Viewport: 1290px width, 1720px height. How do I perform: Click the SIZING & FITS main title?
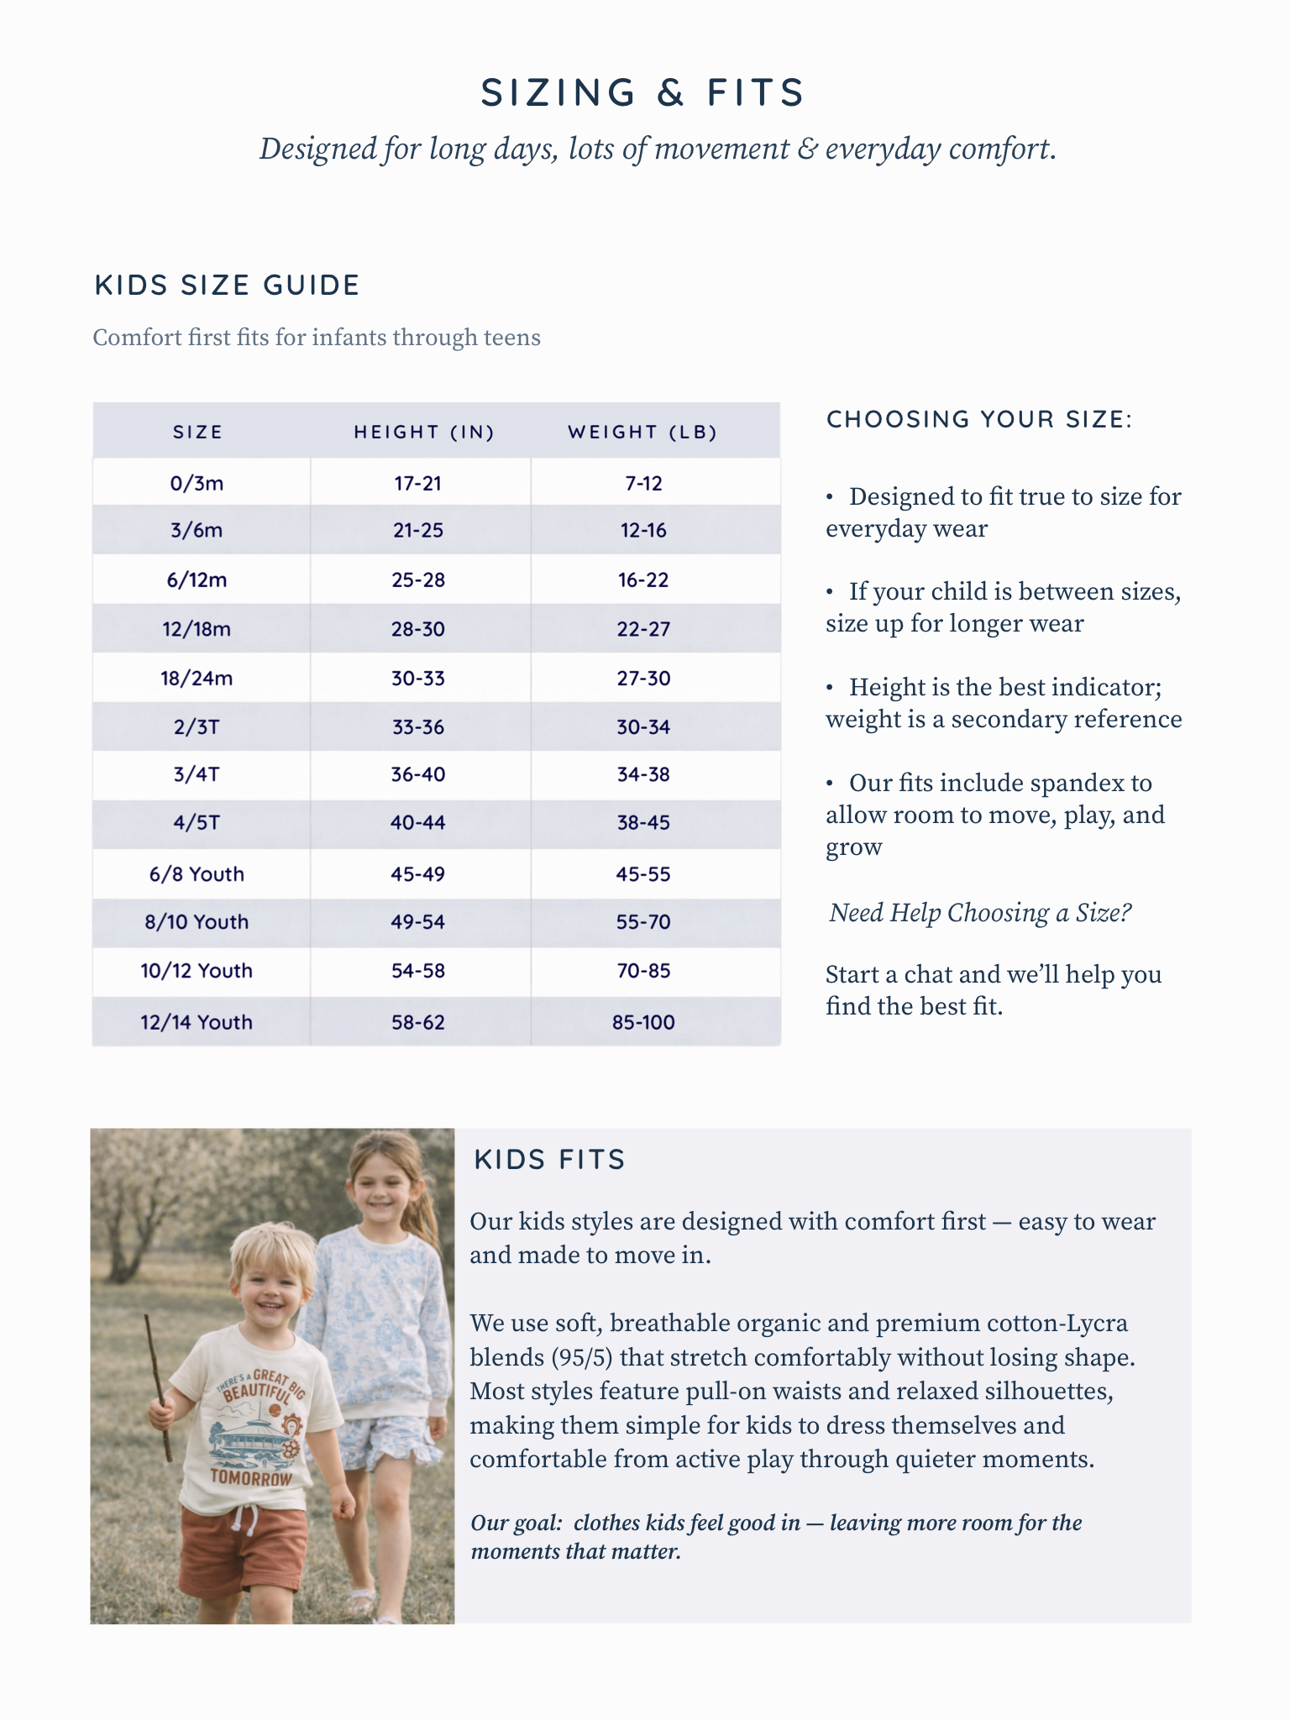(643, 92)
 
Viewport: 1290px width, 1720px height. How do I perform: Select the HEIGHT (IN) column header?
(424, 432)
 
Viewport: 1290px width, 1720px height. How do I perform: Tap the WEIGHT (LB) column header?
(642, 432)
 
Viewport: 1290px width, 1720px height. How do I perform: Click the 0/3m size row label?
(197, 484)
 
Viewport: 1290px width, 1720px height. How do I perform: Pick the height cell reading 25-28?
(418, 580)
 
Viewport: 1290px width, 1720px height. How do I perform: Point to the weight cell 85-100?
(643, 1022)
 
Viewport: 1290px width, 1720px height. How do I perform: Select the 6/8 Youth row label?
(197, 874)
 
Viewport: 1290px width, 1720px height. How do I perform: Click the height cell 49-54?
(418, 922)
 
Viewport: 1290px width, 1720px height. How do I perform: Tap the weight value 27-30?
(643, 679)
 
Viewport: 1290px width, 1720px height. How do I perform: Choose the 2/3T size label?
(197, 727)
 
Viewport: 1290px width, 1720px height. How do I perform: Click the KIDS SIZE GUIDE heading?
(227, 286)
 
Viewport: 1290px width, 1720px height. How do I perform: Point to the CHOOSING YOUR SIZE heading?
(979, 419)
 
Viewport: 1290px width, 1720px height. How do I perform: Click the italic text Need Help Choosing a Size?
(980, 913)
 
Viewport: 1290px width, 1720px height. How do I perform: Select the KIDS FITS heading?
(550, 1160)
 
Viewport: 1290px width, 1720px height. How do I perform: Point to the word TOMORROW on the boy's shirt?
(251, 1477)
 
